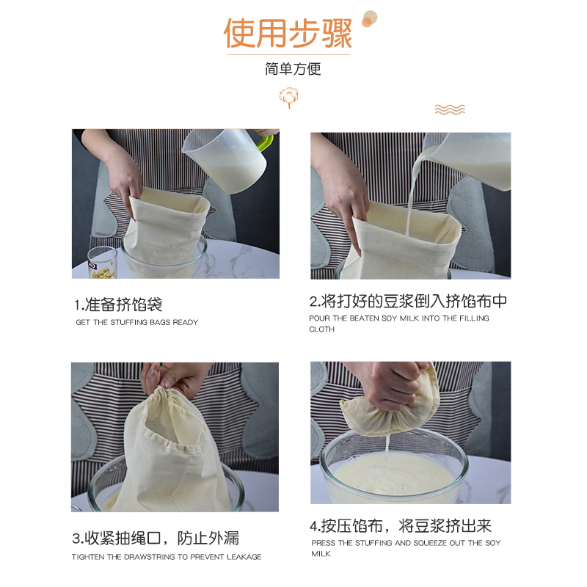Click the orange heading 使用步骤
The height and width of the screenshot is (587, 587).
[x=288, y=33]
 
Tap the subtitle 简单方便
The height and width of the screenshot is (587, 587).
[x=293, y=70]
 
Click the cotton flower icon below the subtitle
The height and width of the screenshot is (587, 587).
[x=288, y=98]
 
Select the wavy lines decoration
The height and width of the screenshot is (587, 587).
[x=450, y=109]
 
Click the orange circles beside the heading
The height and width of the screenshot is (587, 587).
[x=368, y=18]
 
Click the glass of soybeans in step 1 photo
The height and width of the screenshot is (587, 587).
[x=102, y=263]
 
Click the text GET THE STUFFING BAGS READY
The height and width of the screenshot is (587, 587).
[x=137, y=322]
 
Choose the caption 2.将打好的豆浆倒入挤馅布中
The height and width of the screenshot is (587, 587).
[x=408, y=302]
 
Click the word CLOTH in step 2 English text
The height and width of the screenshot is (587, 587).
[x=321, y=329]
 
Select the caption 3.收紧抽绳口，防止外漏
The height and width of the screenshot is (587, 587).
[x=156, y=538]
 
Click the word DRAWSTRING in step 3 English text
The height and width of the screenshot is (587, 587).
[x=151, y=557]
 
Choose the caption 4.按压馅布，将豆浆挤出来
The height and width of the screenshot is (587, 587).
[x=401, y=525]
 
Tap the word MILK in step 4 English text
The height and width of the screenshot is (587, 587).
[x=321, y=554]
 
